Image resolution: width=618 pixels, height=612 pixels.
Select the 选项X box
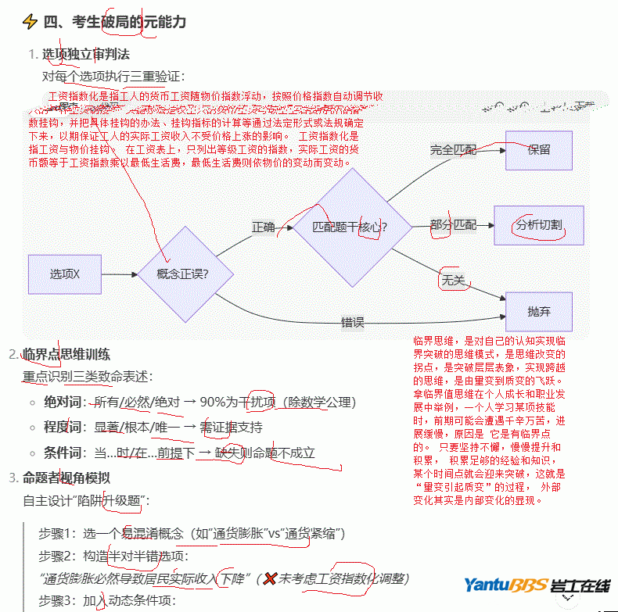[65, 274]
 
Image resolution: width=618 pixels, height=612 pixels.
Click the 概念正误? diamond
[183, 274]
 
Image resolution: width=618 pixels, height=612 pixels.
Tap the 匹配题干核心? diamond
[349, 227]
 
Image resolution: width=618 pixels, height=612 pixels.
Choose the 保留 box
[539, 149]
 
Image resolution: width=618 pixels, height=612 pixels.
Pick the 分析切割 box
[539, 225]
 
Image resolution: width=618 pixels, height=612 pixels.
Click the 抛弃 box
[539, 311]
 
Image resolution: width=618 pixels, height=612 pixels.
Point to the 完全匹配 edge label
[453, 149]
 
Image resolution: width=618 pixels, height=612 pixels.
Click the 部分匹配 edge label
[453, 225]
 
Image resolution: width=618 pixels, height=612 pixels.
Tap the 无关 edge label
[453, 278]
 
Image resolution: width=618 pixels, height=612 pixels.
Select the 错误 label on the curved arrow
[352, 321]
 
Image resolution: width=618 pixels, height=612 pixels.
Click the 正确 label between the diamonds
[263, 227]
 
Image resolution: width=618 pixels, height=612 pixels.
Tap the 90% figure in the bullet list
[214, 403]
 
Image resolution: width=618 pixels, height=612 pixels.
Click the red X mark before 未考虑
[271, 579]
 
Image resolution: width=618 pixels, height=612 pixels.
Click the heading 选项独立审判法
[86, 55]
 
